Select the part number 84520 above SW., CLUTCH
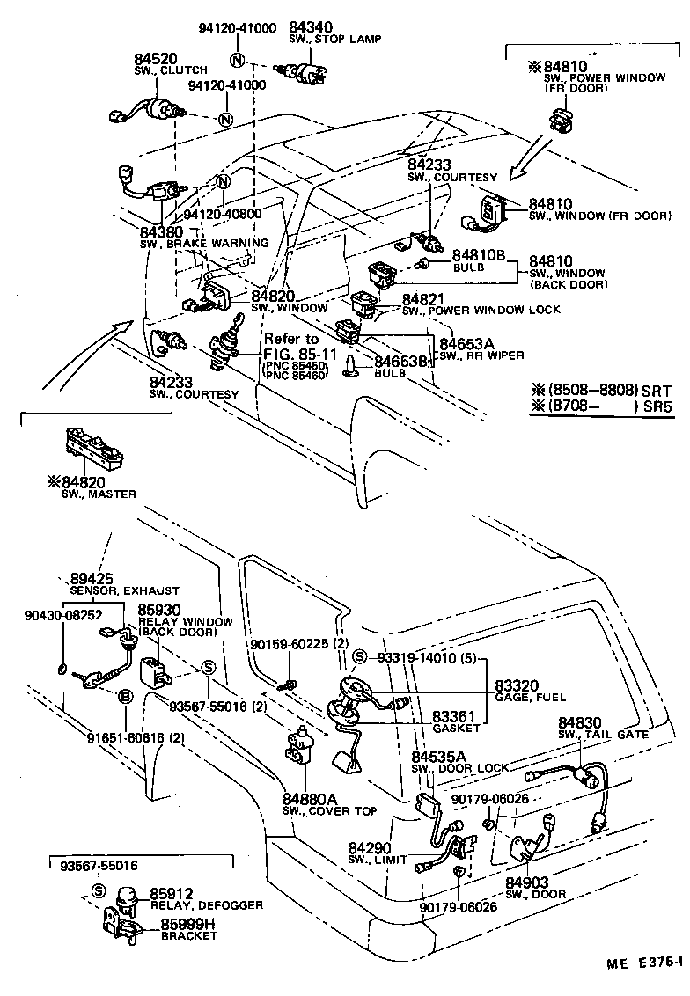tap(156, 59)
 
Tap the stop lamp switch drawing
tap(304, 72)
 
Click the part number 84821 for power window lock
tap(428, 300)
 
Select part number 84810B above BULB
tap(479, 254)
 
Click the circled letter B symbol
tap(125, 697)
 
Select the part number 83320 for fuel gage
tap(517, 685)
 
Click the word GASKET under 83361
tap(457, 728)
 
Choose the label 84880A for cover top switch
tap(310, 799)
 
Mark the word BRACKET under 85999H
tap(188, 935)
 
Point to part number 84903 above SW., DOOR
tap(527, 882)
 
